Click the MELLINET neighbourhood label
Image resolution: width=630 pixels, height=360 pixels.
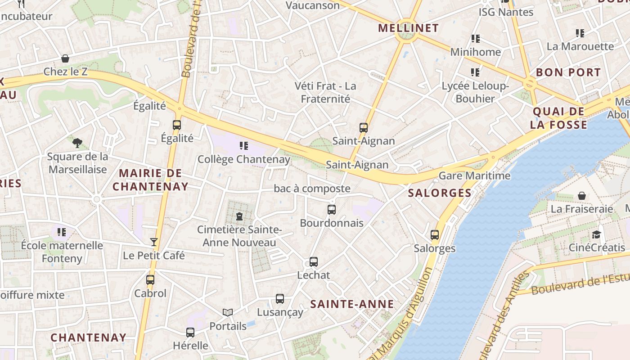[x=408, y=28]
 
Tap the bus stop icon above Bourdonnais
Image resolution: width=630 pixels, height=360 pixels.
[x=332, y=210]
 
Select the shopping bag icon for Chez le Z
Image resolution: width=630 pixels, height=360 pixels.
[x=65, y=59]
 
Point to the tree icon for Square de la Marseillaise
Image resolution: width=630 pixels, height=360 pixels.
[x=77, y=143]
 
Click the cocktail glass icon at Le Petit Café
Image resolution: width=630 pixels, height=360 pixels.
[x=154, y=242]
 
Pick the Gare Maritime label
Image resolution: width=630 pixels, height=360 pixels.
[x=474, y=176]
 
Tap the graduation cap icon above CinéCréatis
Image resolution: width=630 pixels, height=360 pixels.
[x=596, y=234]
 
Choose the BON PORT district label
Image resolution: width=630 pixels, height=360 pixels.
[x=568, y=72]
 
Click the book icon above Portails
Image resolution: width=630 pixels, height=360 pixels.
[x=228, y=312]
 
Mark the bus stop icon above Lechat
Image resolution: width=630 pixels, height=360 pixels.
[x=314, y=262]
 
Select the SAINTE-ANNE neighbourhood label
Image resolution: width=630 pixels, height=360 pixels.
[x=352, y=304]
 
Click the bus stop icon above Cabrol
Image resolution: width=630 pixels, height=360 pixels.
[x=150, y=280]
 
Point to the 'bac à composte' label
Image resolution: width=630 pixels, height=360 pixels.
[x=312, y=189]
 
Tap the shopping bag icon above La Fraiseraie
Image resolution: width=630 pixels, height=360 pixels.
[x=582, y=196]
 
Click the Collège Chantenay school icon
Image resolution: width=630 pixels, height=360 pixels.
[x=244, y=145]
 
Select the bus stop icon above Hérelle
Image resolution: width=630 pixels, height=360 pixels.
[x=190, y=333]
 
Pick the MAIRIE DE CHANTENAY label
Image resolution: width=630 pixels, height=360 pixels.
[x=150, y=180]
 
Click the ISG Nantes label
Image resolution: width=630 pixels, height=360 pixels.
[x=506, y=12]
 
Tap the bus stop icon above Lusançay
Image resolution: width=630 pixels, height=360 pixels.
[x=280, y=299]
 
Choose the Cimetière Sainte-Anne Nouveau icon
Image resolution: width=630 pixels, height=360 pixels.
[x=239, y=216]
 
